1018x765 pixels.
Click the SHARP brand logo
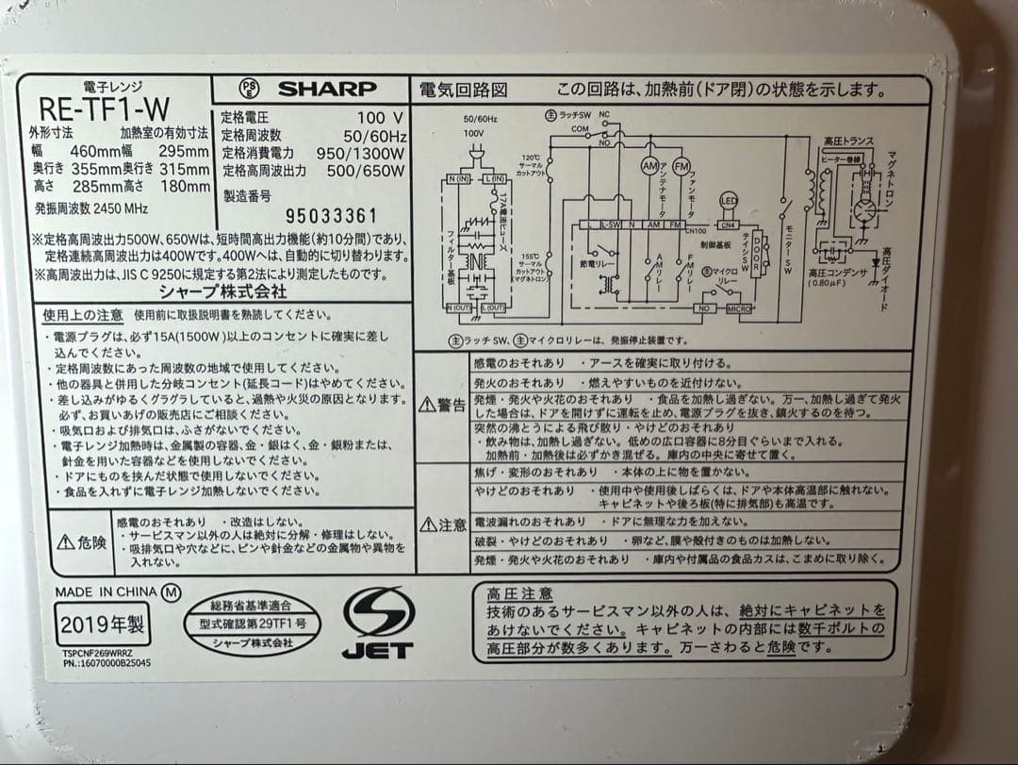pyautogui.click(x=326, y=89)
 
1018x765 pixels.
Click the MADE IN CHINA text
pyautogui.click(x=106, y=592)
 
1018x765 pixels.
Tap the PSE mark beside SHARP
pyautogui.click(x=249, y=89)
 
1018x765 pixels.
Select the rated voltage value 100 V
pyautogui.click(x=380, y=118)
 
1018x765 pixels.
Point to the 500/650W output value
pyautogui.click(x=366, y=171)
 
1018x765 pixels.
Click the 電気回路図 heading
pyautogui.click(x=463, y=90)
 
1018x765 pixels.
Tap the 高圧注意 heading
pyautogui.click(x=519, y=593)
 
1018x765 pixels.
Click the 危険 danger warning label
pyautogui.click(x=82, y=542)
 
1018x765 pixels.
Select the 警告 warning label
pyautogui.click(x=442, y=405)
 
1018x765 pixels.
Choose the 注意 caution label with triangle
pyautogui.click(x=442, y=524)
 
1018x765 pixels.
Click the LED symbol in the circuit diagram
pyautogui.click(x=728, y=200)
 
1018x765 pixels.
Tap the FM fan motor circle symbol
pyautogui.click(x=681, y=165)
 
